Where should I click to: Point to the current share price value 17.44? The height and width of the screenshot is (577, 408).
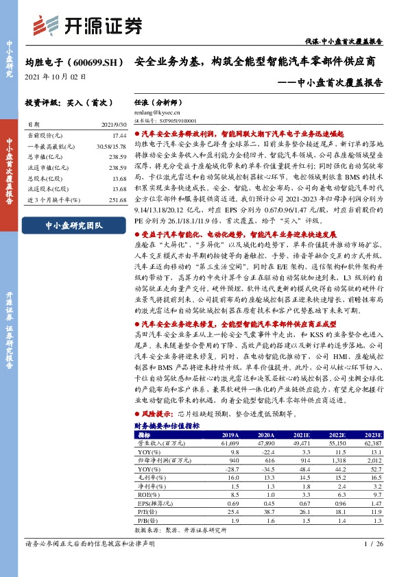click(118, 136)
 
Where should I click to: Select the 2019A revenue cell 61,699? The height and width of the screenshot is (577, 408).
click(228, 443)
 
